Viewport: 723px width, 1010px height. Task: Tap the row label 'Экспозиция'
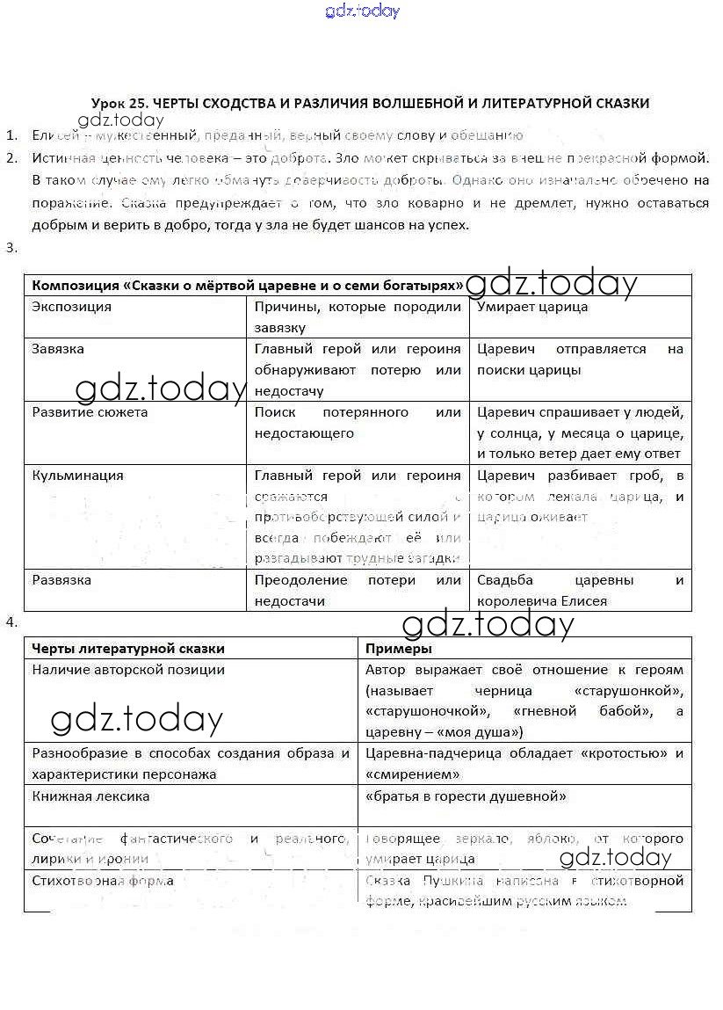(71, 307)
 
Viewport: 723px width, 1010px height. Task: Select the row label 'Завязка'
(58, 349)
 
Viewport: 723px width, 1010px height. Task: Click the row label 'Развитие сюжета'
(90, 412)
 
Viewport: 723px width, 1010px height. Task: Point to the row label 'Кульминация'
(77, 476)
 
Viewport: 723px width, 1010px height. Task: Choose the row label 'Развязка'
(61, 580)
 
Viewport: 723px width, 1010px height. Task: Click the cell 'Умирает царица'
(532, 307)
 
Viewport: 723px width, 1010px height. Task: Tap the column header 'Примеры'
(398, 649)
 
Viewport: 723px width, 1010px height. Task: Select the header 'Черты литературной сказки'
(128, 649)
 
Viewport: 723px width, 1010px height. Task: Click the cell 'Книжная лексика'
(90, 796)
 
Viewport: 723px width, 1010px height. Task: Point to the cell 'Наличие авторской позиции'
(128, 670)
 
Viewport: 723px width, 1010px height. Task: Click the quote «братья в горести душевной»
(466, 796)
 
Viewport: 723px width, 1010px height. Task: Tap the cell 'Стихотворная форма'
(103, 881)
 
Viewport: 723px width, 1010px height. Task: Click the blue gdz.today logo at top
(362, 11)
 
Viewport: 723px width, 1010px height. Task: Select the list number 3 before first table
(11, 248)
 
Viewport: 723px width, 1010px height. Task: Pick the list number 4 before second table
(11, 622)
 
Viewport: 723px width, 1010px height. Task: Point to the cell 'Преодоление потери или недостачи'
(358, 591)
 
